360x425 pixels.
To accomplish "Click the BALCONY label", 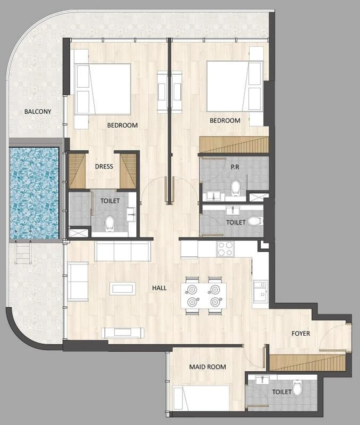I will click(x=38, y=112).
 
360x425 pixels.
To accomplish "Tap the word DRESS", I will click(x=104, y=166).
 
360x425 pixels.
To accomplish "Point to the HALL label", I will click(x=159, y=288).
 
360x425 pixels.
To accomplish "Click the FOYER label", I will click(x=300, y=333).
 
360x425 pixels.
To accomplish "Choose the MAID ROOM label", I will click(x=207, y=367).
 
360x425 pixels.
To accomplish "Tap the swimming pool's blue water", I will click(x=34, y=192).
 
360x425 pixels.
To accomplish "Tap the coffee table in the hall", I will click(x=123, y=289).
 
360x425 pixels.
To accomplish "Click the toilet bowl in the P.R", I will click(x=236, y=187).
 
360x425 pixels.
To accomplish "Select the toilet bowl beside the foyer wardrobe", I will click(x=297, y=387).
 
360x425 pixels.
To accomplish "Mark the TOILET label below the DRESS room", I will click(x=110, y=201).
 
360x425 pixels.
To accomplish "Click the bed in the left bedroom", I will click(x=102, y=88).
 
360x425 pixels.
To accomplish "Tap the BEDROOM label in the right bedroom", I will click(x=225, y=120).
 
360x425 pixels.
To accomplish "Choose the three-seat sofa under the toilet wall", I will click(x=122, y=251).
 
